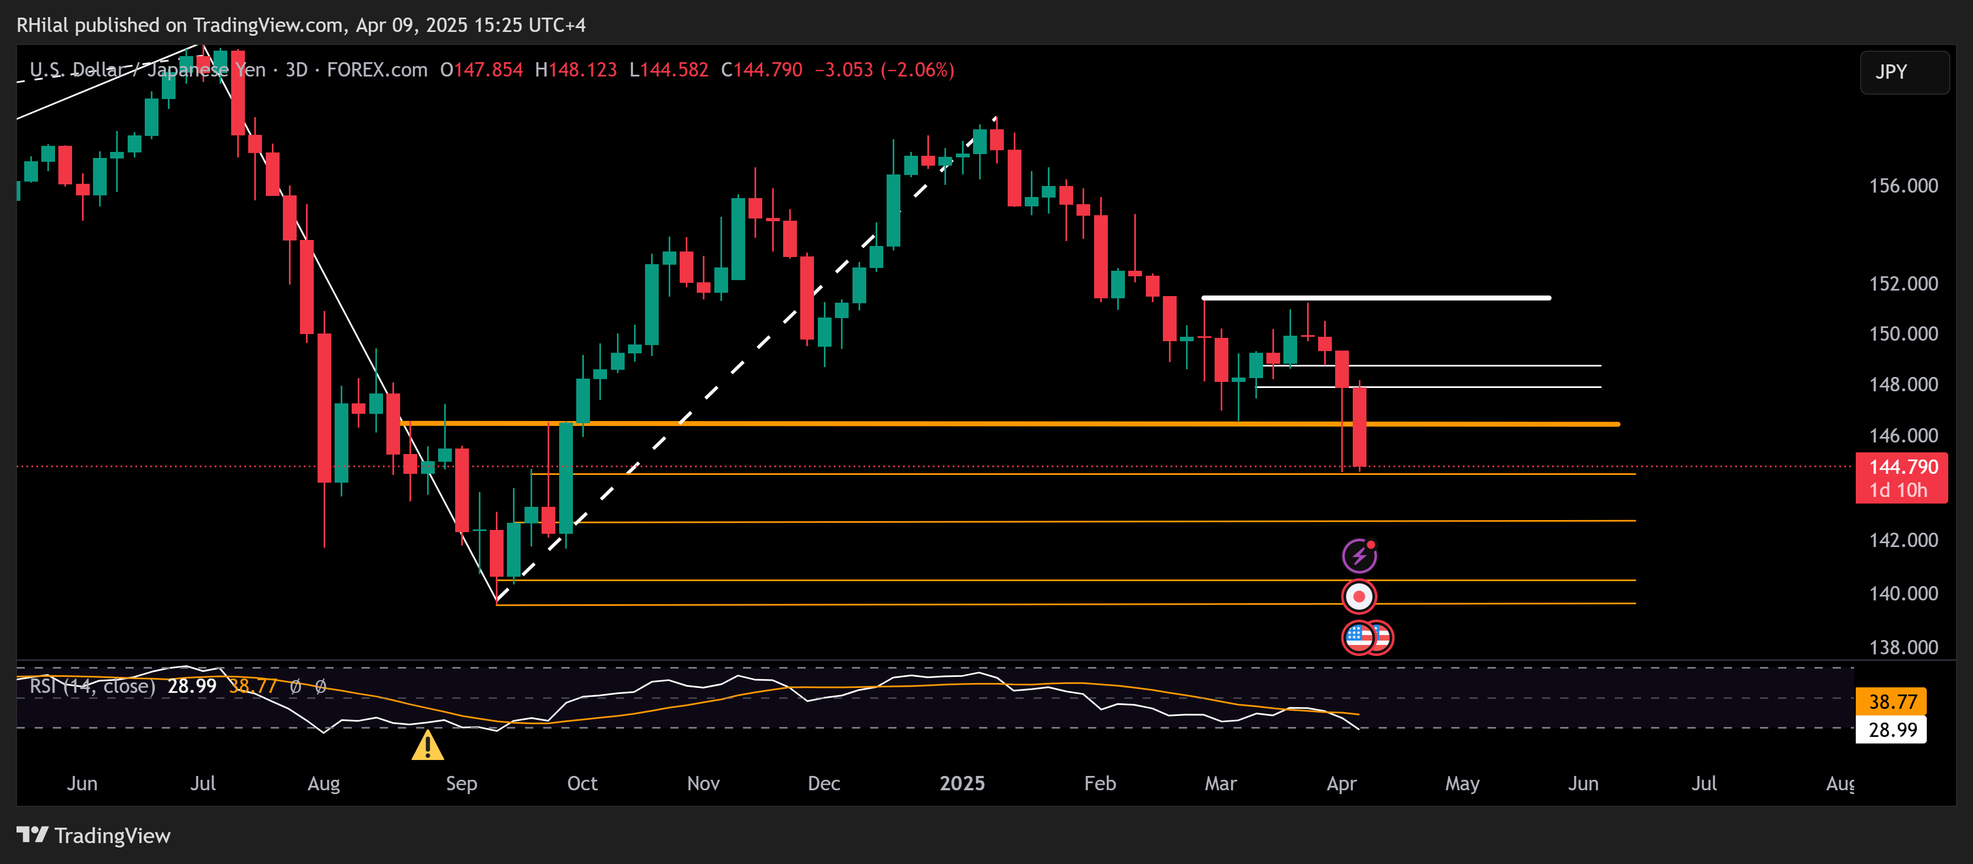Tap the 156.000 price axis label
pyautogui.click(x=1903, y=186)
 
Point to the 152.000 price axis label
pyautogui.click(x=1903, y=284)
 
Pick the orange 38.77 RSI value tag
pyautogui.click(x=1891, y=702)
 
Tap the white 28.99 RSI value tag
pyautogui.click(x=1891, y=730)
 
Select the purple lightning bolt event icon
pyautogui.click(x=1359, y=556)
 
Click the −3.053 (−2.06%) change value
pyautogui.click(x=884, y=70)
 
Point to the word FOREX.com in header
pyautogui.click(x=377, y=70)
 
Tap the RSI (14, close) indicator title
pyautogui.click(x=92, y=686)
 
